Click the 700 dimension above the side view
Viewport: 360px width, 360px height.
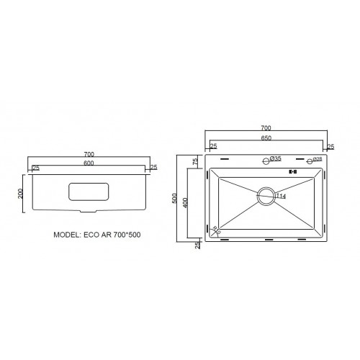(x=89, y=155)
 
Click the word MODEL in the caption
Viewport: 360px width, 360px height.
(x=70, y=235)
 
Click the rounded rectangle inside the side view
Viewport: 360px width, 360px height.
(x=89, y=192)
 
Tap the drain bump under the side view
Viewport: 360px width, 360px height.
(x=89, y=212)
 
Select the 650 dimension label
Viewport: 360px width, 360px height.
(x=266, y=138)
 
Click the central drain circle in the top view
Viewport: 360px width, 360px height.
(x=265, y=194)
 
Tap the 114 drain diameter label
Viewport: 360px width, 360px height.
(x=280, y=197)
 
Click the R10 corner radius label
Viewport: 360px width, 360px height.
(x=217, y=230)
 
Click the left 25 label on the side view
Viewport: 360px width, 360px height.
(x=35, y=168)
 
